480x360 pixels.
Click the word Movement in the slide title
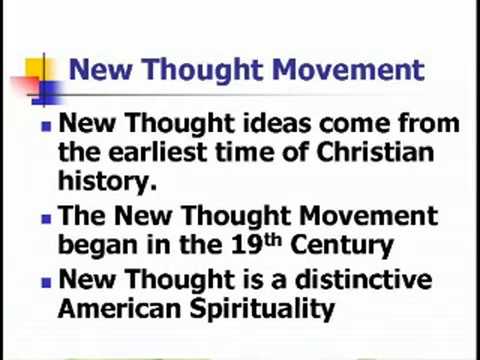[347, 71]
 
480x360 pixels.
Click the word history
[107, 182]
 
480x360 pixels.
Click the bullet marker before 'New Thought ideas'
[44, 128]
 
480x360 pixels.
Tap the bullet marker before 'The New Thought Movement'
[44, 218]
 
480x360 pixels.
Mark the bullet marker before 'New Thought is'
[44, 283]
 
